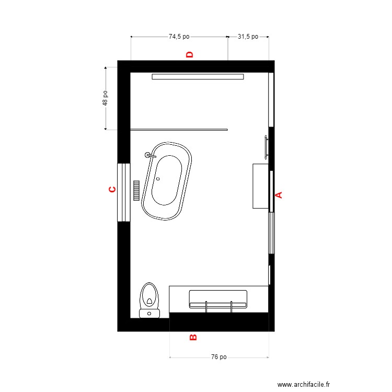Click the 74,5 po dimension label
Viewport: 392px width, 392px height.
179,37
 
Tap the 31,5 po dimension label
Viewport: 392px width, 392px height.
248,37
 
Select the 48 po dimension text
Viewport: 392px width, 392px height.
105,98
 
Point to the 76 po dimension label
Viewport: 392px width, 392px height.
219,357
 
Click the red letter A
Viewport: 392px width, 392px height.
279,195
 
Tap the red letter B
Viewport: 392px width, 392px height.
193,338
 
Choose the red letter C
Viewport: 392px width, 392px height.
112,189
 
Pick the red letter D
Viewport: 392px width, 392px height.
190,54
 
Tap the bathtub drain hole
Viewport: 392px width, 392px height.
158,179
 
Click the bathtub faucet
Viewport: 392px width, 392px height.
150,156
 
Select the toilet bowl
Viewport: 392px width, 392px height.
149,296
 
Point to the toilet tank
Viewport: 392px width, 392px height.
149,314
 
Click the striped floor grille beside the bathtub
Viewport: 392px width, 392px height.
136,190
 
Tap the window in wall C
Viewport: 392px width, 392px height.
124,192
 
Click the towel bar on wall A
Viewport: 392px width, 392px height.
267,147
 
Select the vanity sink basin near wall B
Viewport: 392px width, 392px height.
218,299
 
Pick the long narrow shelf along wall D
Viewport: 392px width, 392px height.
198,76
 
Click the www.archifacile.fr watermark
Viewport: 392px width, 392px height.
304,384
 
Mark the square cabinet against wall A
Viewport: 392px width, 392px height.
260,186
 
